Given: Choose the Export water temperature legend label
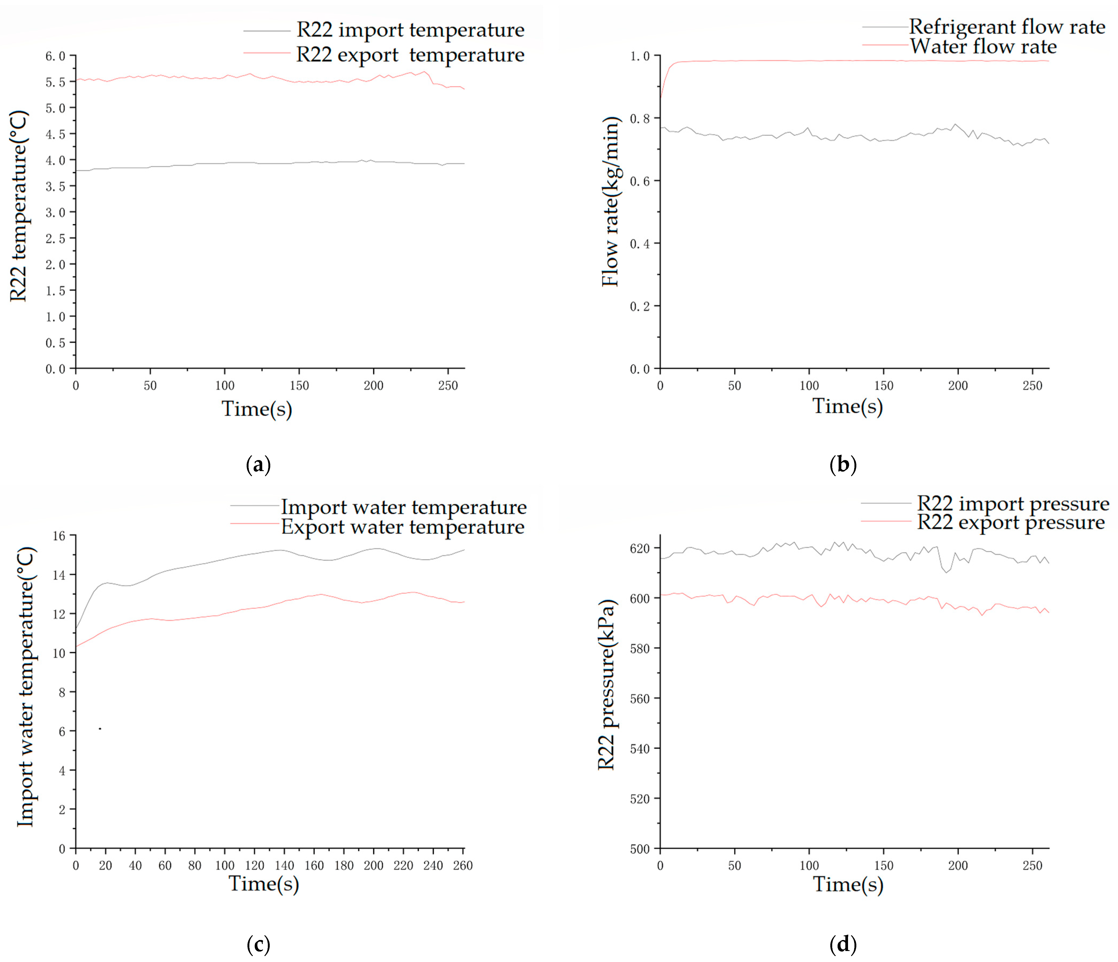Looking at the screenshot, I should [x=402, y=527].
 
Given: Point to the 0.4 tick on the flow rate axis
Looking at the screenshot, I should [x=640, y=244].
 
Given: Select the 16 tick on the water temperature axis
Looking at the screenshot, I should [x=59, y=536].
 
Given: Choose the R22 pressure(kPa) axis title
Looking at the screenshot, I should [x=606, y=685].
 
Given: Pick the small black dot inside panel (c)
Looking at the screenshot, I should [x=100, y=729].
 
